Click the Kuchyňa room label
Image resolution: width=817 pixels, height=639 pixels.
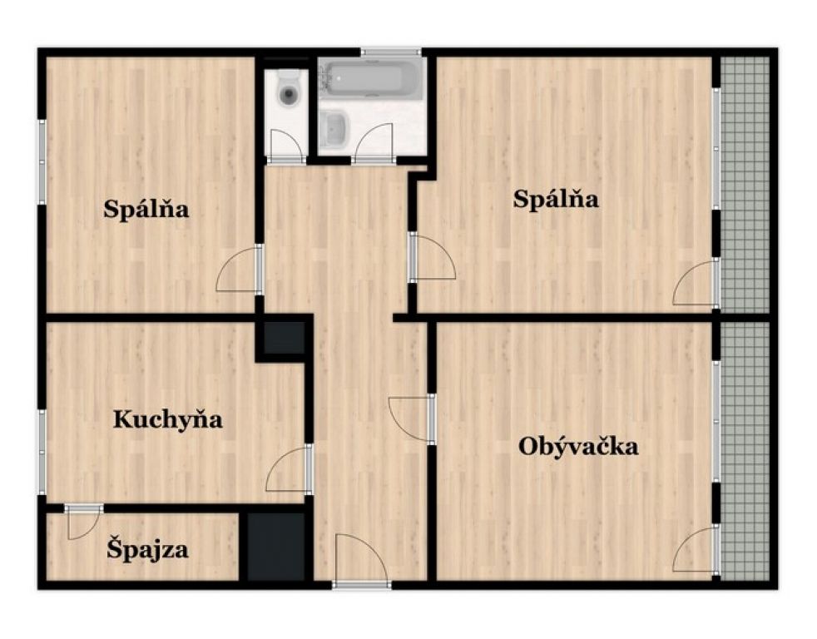(168, 419)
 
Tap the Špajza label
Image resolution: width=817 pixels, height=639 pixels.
(147, 550)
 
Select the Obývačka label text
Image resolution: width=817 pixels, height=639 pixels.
(578, 447)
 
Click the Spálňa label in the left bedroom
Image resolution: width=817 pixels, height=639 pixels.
(146, 210)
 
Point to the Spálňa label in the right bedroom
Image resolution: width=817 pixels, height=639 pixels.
(556, 199)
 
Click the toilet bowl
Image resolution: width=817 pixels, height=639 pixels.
(289, 89)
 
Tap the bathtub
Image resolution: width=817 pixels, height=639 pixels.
(372, 79)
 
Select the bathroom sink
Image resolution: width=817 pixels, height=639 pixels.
(334, 130)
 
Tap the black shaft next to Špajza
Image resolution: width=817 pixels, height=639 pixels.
(275, 547)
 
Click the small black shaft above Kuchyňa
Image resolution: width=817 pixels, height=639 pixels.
(285, 337)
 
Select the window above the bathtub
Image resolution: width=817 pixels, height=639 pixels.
(391, 52)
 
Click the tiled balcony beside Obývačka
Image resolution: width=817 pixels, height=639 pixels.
(745, 451)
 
